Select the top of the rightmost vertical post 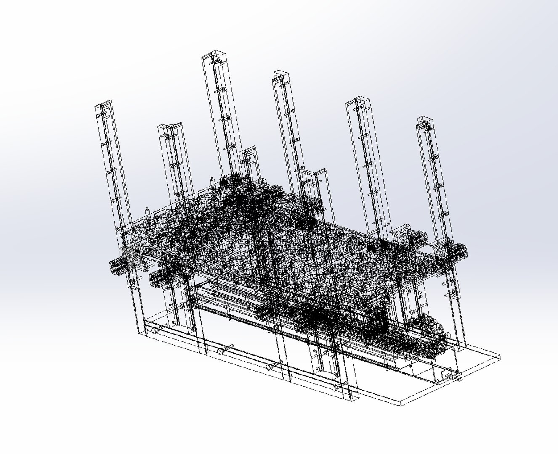(425, 120)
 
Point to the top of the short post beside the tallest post (248, 150)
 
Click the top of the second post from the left (170, 126)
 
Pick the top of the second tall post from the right (358, 100)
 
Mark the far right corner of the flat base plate (500, 357)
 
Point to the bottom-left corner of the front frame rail (140, 334)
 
